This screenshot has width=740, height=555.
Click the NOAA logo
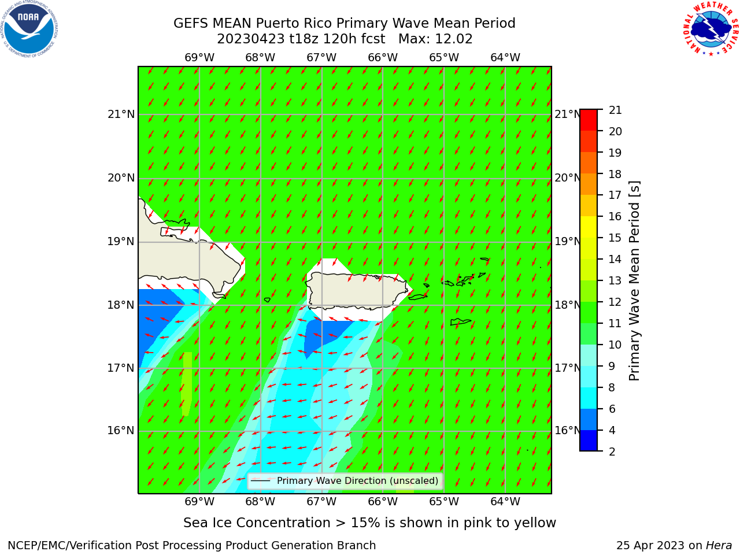point(29,29)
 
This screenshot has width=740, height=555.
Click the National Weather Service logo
point(711,29)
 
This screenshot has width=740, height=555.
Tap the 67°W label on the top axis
point(321,58)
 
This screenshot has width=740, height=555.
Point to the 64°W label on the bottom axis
point(505,502)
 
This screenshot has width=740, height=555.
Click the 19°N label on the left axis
point(121,242)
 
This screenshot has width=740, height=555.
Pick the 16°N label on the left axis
point(121,431)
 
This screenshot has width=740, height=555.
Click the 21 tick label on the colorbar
point(615,110)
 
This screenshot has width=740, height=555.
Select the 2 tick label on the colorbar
point(612,452)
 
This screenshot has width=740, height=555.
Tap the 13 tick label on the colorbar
point(615,281)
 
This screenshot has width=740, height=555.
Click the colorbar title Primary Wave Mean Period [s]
point(634,281)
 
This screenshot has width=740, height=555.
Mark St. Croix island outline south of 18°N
point(461,322)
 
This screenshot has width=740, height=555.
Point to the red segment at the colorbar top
point(589,120)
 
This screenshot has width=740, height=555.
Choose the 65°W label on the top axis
point(443,58)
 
